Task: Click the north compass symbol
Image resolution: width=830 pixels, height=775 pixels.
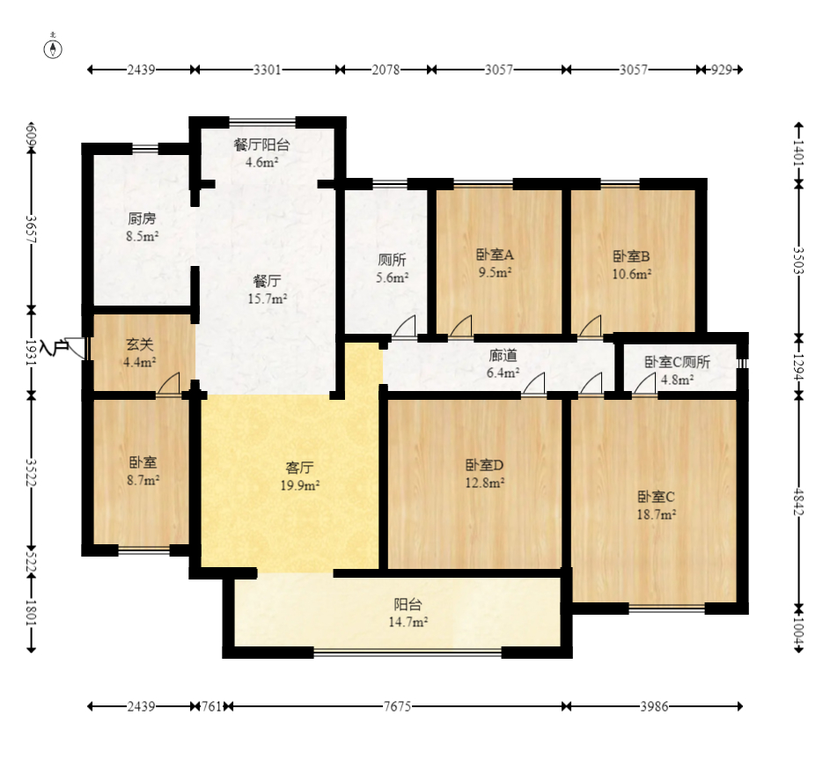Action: (53, 48)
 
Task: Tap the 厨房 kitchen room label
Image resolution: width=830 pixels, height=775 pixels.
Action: (142, 218)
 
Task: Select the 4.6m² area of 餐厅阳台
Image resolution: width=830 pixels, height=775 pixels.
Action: (262, 162)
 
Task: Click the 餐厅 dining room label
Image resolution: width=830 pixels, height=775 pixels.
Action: (267, 281)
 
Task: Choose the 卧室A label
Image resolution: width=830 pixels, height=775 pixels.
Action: (495, 255)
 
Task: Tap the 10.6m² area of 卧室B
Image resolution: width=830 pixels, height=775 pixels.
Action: (631, 274)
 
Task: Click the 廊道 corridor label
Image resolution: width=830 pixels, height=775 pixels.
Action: (503, 356)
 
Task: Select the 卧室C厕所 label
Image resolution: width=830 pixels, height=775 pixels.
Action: (677, 362)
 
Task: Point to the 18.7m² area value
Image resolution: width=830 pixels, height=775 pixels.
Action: (657, 514)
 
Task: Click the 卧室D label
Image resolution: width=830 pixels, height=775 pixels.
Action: (484, 465)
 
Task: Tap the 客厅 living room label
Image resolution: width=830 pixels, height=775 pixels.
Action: (299, 468)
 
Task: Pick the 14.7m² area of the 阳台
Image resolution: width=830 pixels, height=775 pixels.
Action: (408, 622)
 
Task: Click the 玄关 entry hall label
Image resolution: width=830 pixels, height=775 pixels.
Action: (140, 344)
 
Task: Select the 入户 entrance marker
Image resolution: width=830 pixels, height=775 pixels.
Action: (54, 348)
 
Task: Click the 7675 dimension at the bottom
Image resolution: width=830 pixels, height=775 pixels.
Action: (397, 706)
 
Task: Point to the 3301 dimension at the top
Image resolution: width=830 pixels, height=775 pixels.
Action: (268, 70)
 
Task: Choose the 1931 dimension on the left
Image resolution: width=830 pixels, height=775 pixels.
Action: (31, 352)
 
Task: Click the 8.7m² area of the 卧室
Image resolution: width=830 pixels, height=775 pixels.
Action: (143, 480)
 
